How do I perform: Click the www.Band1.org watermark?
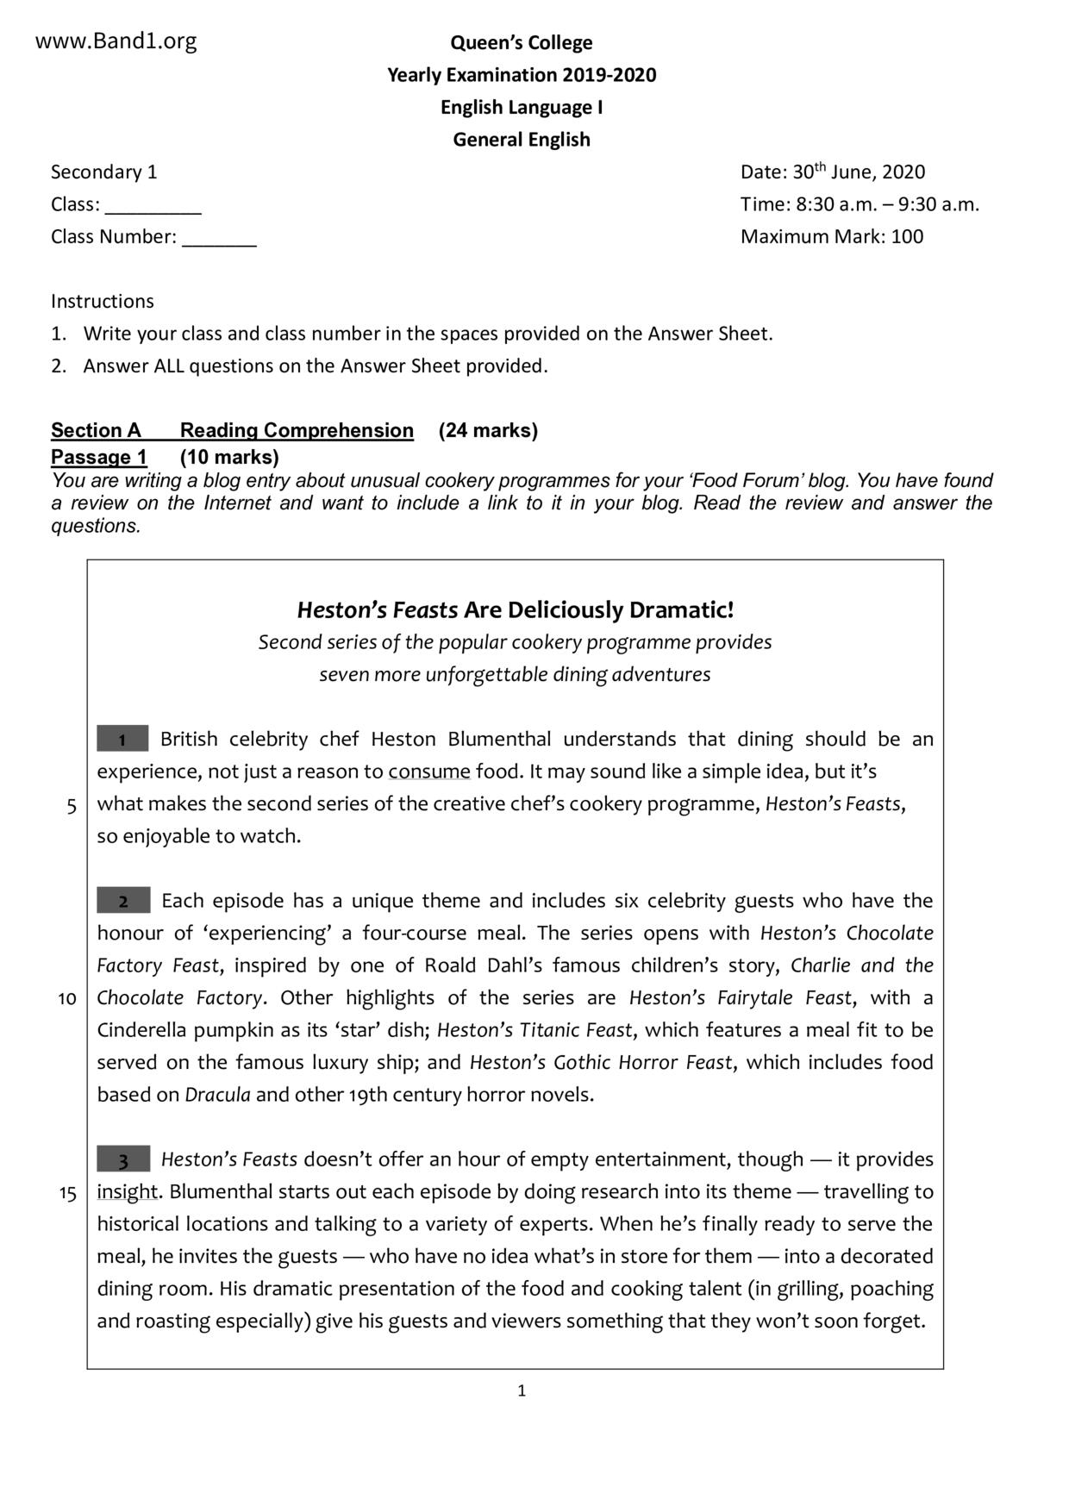[x=116, y=41]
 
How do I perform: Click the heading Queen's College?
[x=521, y=42]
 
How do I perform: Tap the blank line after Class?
[x=153, y=207]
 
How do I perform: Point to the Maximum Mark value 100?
[x=907, y=236]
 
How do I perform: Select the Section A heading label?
[x=96, y=430]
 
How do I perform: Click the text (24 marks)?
[x=488, y=430]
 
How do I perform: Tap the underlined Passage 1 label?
[x=98, y=457]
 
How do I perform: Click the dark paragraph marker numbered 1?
[x=122, y=739]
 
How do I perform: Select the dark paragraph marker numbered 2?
[x=123, y=901]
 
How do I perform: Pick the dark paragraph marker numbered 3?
[x=123, y=1159]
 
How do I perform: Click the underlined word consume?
[x=429, y=772]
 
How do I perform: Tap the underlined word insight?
[x=127, y=1192]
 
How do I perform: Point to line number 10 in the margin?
[x=67, y=999]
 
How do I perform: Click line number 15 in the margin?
[x=67, y=1194]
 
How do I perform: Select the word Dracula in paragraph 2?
[x=217, y=1095]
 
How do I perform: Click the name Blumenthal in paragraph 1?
[x=499, y=739]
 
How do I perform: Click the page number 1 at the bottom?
[x=522, y=1390]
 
